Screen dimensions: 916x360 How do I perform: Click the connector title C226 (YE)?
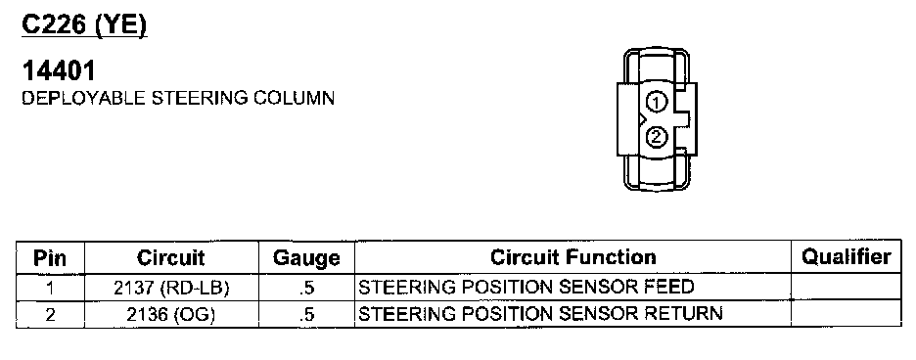[x=84, y=25]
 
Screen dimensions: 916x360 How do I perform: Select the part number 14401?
[x=59, y=71]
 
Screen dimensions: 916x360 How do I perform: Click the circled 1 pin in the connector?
[x=656, y=103]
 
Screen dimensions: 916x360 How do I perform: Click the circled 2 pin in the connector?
[x=656, y=137]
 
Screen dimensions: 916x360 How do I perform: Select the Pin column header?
[x=50, y=257]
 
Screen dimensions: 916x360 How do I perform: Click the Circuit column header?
[x=170, y=257]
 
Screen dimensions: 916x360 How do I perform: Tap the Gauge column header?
[x=306, y=257]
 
